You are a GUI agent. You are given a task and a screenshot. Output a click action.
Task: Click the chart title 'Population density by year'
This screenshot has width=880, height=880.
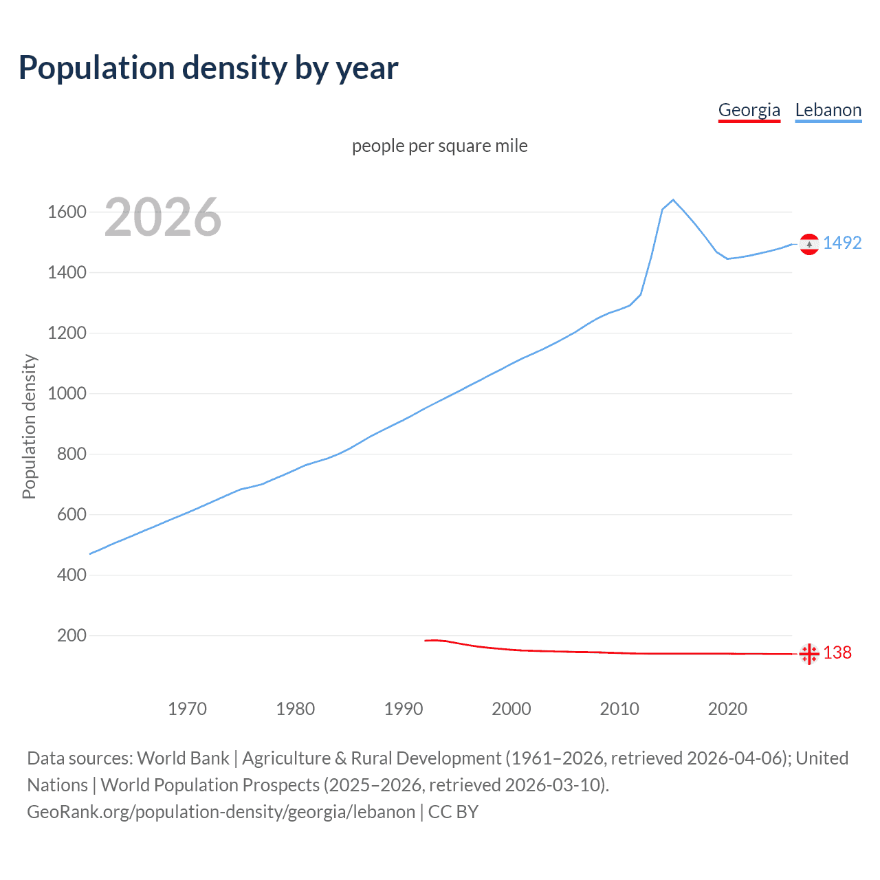[208, 68]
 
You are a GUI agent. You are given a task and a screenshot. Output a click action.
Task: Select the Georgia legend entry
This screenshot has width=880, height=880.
[749, 110]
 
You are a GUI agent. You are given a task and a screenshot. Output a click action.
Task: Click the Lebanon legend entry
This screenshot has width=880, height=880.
[828, 110]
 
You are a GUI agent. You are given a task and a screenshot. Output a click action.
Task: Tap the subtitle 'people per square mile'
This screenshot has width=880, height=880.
[439, 146]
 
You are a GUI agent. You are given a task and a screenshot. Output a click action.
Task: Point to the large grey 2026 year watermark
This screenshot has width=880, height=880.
[163, 217]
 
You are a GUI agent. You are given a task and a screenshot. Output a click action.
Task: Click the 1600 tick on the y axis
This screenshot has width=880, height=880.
[67, 212]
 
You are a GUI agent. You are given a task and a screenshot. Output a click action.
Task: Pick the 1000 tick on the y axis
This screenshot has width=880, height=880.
[67, 393]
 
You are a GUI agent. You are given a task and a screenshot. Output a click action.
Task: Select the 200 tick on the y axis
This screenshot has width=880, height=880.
[71, 635]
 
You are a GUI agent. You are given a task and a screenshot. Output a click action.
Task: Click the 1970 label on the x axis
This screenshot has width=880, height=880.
[187, 709]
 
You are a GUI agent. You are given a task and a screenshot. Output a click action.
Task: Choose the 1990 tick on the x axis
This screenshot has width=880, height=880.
[404, 709]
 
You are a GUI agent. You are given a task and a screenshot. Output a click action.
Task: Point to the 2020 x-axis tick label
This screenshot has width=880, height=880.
[727, 709]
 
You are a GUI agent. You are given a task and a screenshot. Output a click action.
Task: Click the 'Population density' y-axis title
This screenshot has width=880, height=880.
[29, 426]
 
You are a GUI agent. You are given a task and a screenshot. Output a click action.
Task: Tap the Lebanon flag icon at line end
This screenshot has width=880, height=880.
[809, 244]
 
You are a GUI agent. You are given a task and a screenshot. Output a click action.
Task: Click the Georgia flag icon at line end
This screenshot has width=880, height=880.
[809, 654]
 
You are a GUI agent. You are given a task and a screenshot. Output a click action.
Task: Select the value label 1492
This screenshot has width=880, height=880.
[842, 243]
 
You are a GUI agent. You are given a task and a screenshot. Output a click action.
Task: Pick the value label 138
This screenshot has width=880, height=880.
[837, 652]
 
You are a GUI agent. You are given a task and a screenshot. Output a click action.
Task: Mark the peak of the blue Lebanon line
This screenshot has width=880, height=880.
[673, 200]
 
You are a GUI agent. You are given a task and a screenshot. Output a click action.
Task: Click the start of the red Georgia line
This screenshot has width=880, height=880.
[426, 641]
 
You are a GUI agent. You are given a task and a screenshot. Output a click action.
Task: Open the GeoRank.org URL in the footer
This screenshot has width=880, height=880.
[221, 812]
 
